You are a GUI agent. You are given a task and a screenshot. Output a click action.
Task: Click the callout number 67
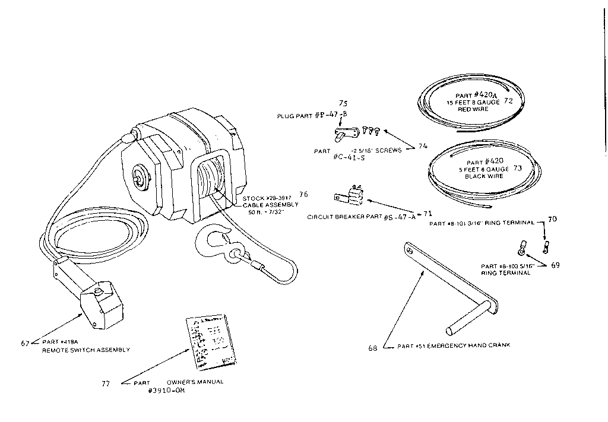click(25, 343)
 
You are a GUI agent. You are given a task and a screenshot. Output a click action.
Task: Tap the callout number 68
click(373, 348)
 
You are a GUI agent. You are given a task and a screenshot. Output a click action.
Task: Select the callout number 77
click(105, 383)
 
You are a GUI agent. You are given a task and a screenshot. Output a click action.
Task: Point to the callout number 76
click(303, 194)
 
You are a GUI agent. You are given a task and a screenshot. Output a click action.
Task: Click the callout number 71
click(427, 212)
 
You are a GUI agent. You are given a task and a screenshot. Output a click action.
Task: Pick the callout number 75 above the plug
click(343, 103)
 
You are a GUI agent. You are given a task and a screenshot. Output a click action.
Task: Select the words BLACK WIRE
click(484, 176)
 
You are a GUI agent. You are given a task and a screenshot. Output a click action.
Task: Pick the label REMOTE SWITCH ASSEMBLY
click(85, 350)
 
